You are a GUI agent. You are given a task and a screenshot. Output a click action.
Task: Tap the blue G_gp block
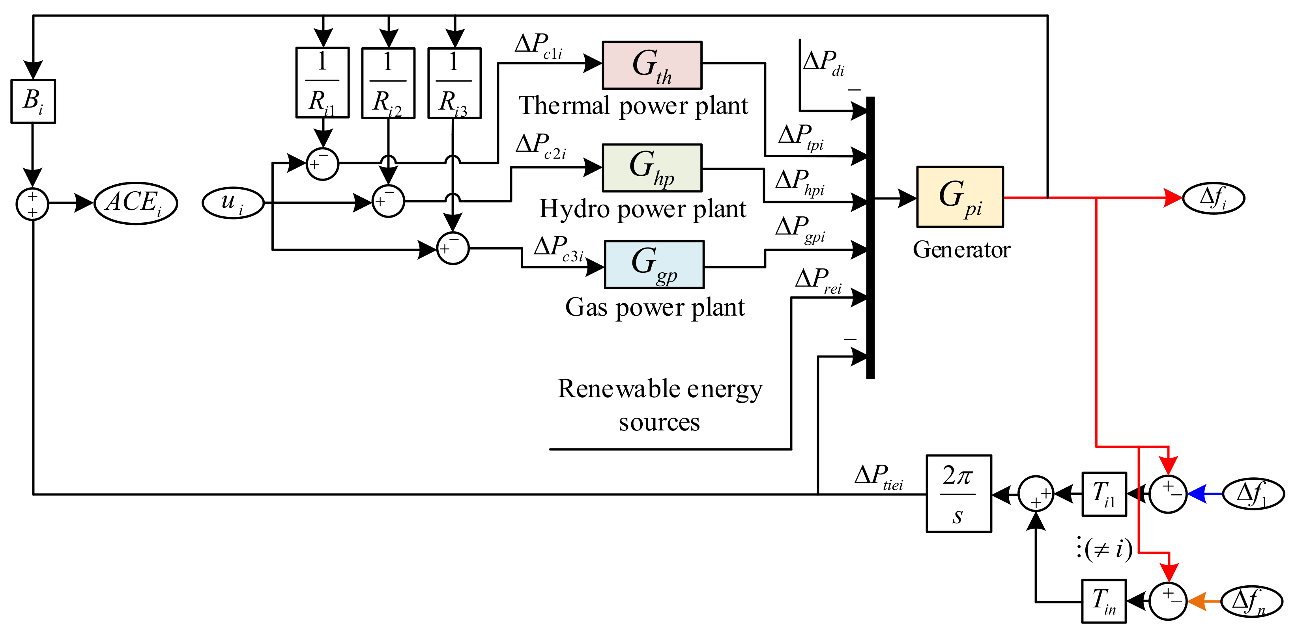[x=654, y=264]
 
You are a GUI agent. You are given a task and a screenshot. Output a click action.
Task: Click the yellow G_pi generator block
[x=959, y=197]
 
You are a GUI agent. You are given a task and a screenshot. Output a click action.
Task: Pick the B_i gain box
[x=33, y=101]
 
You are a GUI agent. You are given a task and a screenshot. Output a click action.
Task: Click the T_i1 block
[x=1104, y=494]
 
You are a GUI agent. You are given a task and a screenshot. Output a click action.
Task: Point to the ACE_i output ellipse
[x=135, y=203]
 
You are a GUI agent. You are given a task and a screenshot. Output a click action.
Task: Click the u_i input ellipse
[x=233, y=203]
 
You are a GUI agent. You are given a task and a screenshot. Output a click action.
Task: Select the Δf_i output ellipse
[x=1213, y=197]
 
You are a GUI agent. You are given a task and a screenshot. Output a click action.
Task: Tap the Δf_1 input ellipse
[x=1253, y=494]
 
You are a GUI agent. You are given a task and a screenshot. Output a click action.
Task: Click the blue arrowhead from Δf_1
[x=1197, y=494]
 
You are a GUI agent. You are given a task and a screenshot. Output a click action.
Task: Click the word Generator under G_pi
[x=961, y=250]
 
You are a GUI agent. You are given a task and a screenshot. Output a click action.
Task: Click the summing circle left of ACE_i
[x=32, y=204]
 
